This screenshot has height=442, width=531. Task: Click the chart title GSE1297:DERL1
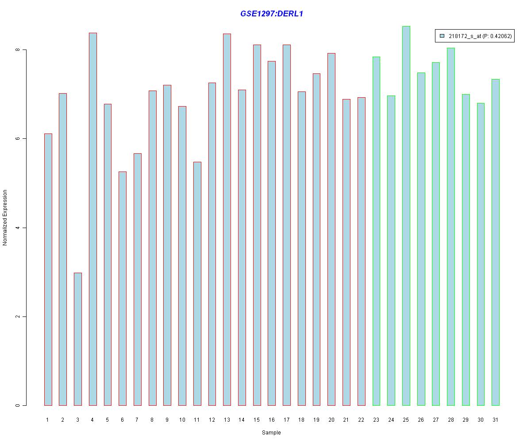click(x=271, y=14)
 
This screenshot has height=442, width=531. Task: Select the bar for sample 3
click(x=77, y=339)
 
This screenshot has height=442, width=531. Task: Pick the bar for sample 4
click(x=92, y=219)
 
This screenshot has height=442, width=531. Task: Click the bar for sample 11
click(x=197, y=283)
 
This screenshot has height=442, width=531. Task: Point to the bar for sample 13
click(x=227, y=219)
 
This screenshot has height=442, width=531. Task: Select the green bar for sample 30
click(x=481, y=254)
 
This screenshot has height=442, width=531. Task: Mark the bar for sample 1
click(x=48, y=269)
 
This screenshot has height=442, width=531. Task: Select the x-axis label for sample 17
click(x=286, y=419)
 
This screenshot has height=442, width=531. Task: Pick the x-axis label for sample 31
click(x=496, y=419)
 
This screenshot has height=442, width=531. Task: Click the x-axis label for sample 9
click(x=167, y=419)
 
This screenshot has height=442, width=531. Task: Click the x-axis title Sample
click(x=271, y=433)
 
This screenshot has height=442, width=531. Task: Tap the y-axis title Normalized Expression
click(x=5, y=217)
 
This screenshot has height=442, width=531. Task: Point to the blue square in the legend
click(x=442, y=36)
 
